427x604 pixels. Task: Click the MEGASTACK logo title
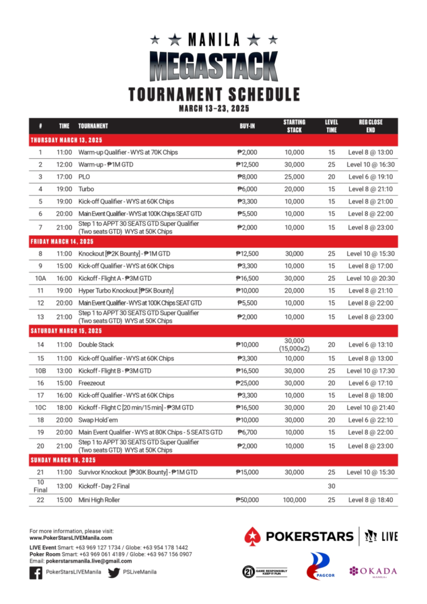pyautogui.click(x=213, y=66)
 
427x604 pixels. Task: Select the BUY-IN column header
pyautogui.click(x=247, y=126)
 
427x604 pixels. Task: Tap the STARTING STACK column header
pyautogui.click(x=294, y=126)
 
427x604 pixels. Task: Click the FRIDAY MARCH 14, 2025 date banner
pyautogui.click(x=62, y=242)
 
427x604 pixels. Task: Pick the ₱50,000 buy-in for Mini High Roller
pyautogui.click(x=247, y=500)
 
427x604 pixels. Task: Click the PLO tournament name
pyautogui.click(x=84, y=176)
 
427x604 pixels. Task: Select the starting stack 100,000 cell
pyautogui.click(x=294, y=500)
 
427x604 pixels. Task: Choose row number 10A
pyautogui.click(x=40, y=278)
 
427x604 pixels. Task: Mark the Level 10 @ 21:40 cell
pyautogui.click(x=370, y=408)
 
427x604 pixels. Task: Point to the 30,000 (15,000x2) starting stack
pyautogui.click(x=294, y=344)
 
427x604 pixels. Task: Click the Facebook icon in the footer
pyautogui.click(x=35, y=572)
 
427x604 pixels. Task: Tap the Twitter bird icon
pyautogui.click(x=114, y=572)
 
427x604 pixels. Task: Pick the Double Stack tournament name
pyautogui.click(x=96, y=344)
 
